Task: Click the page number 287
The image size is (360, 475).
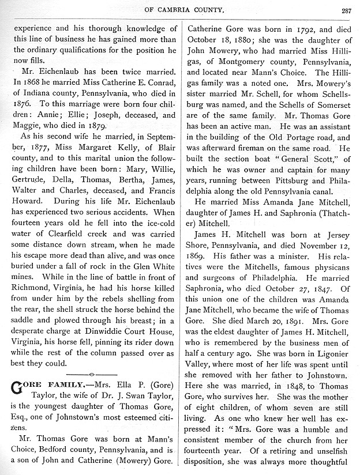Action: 346,9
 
